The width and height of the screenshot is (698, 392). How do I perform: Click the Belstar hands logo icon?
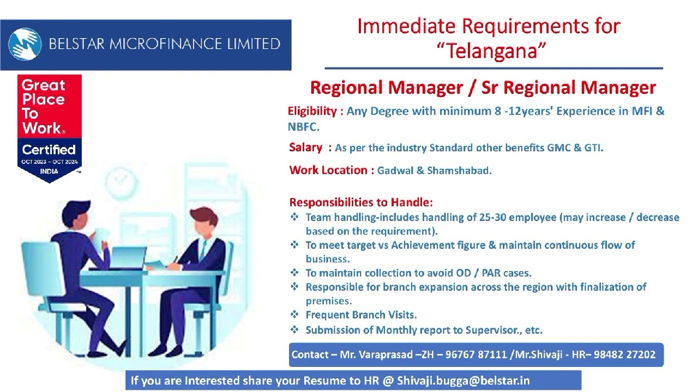[x=25, y=44]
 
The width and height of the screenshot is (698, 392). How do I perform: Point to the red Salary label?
[x=306, y=148]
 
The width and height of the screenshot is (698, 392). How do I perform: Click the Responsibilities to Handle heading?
[x=361, y=203]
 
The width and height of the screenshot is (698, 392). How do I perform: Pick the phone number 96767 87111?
[x=473, y=355]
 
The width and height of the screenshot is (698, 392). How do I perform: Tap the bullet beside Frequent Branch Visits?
[x=294, y=315]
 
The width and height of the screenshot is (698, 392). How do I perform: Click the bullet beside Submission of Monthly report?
[x=294, y=329]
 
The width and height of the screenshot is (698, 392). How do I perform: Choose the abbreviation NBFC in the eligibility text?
[x=302, y=127]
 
